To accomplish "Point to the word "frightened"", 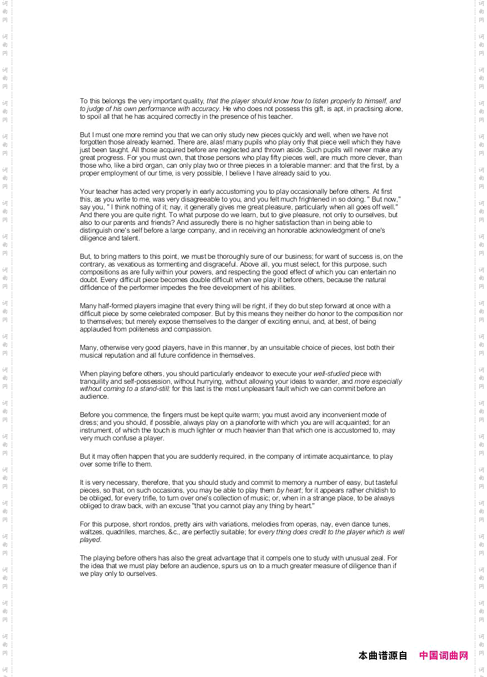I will (x=293, y=199).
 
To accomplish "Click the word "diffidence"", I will (x=95, y=288).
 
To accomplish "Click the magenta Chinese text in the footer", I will (x=443, y=656).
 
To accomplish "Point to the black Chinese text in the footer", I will (x=383, y=656).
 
